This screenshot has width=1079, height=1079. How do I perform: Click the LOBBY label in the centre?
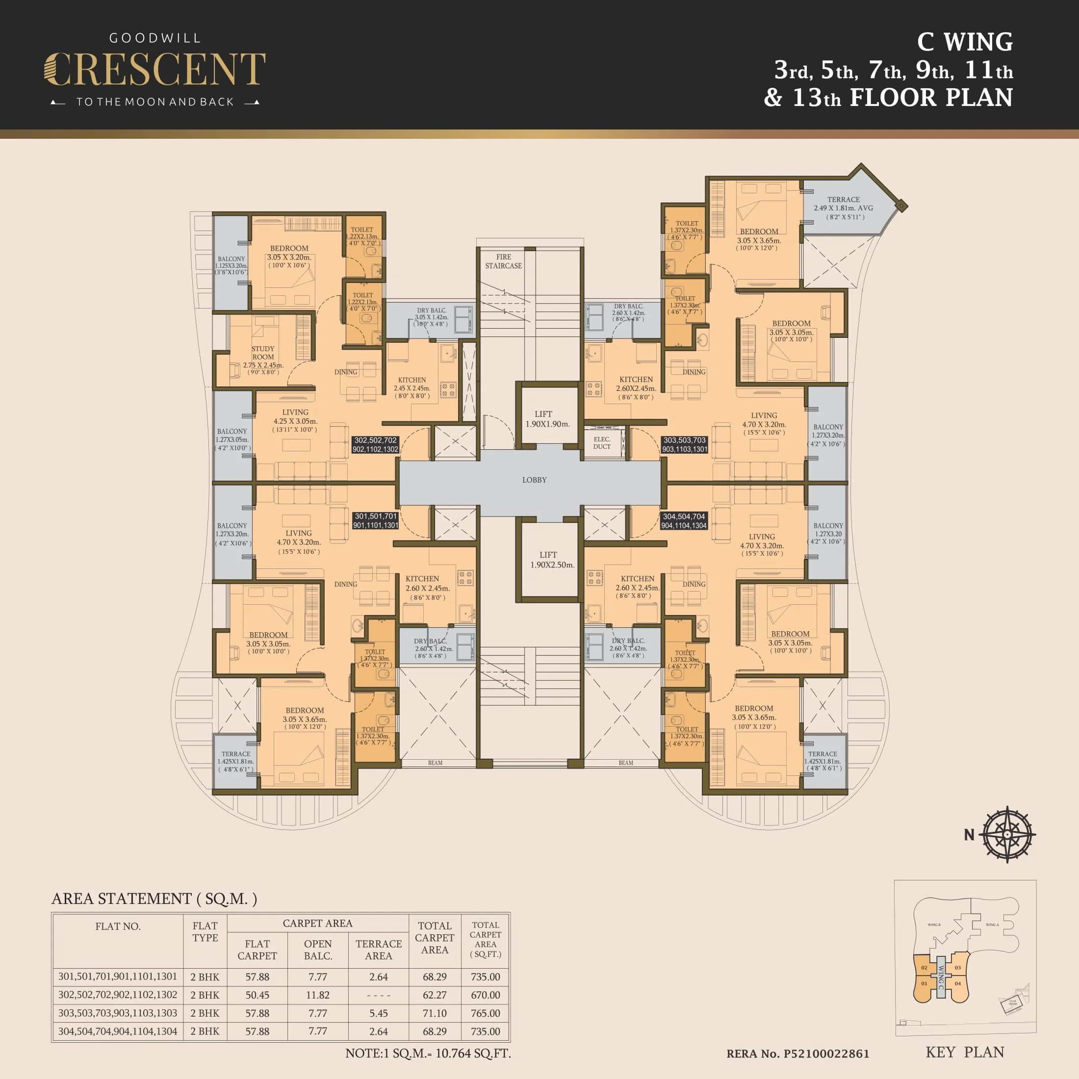click(x=534, y=480)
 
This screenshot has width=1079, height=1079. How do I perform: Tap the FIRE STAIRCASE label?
click(x=503, y=261)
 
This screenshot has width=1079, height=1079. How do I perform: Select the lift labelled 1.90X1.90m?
click(x=547, y=419)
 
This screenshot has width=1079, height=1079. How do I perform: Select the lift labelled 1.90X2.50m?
click(x=551, y=560)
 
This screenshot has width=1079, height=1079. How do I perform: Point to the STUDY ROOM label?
click(x=262, y=353)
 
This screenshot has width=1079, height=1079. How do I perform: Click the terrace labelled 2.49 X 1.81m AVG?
click(x=843, y=208)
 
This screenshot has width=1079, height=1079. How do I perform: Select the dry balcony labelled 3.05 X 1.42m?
click(x=431, y=317)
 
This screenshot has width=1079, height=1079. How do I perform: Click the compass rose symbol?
click(x=1007, y=834)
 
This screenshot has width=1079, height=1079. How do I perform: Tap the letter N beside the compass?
click(x=969, y=835)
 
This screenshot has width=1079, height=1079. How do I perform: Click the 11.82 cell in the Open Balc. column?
click(x=318, y=995)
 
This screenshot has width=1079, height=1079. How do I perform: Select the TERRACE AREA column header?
click(x=378, y=950)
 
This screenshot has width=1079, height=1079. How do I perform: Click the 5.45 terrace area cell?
click(x=378, y=1013)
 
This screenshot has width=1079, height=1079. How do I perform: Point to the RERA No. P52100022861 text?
click(x=797, y=1054)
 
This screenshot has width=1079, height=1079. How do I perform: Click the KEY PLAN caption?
click(x=965, y=1052)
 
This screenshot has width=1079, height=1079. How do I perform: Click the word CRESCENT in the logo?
click(x=154, y=70)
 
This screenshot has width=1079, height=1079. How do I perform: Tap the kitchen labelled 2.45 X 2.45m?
click(x=411, y=387)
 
